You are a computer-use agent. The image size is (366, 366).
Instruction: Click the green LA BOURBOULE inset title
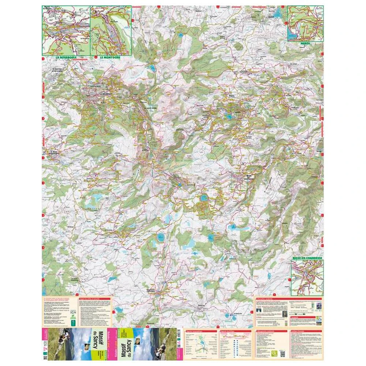pyautogui.click(x=66, y=58)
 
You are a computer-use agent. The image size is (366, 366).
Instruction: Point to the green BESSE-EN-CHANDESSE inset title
pyautogui.click(x=307, y=258)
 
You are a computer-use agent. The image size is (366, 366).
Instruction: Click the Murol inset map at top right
pyautogui.click(x=305, y=24)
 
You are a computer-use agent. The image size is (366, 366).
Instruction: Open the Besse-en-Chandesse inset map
pyautogui.click(x=307, y=277)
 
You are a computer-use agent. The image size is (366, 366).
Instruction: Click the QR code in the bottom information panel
pyautogui.click(x=282, y=353)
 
